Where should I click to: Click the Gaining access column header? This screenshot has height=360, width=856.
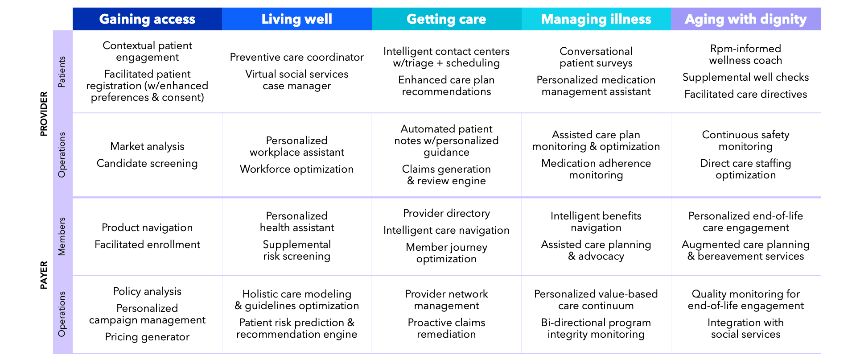coord(147,19)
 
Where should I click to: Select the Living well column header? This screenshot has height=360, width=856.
coord(297,19)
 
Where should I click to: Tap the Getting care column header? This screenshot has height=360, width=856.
coord(446,19)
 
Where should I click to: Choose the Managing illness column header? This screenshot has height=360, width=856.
coord(596,19)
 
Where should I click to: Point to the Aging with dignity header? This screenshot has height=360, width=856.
coord(746,19)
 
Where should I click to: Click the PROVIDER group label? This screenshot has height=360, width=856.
coord(44,114)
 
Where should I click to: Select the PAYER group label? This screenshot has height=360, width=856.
coord(44,275)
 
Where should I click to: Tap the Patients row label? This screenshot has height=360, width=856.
coord(62,72)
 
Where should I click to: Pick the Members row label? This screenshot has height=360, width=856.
coord(62,236)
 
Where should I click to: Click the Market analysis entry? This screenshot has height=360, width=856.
coord(147,146)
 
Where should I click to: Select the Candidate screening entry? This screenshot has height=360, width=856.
coord(147,163)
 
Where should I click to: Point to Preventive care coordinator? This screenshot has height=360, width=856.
coord(297,57)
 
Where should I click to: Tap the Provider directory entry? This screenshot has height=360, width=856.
coord(446,213)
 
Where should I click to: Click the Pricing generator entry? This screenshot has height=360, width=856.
coord(147,337)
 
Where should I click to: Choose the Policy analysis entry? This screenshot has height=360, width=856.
coord(147,291)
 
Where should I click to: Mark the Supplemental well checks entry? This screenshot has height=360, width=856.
coord(746,77)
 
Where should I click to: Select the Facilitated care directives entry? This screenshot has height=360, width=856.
coord(746,94)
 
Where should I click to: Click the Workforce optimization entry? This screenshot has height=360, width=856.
coord(297,169)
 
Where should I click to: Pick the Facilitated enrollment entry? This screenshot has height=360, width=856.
coord(147,244)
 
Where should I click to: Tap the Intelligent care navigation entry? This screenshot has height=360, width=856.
coord(446,230)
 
